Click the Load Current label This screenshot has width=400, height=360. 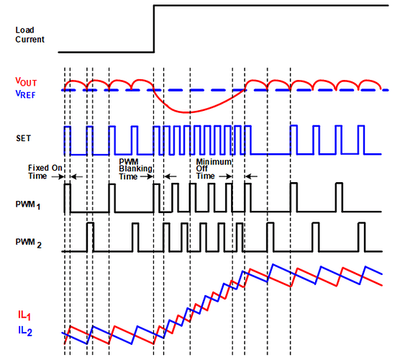[x=29, y=35]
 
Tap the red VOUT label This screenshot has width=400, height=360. [x=26, y=81]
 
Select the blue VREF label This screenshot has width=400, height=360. [x=25, y=94]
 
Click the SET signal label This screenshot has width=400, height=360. [x=23, y=138]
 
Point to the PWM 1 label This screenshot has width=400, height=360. [x=28, y=205]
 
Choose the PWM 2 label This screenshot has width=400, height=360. [x=28, y=243]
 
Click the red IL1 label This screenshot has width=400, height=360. [x=24, y=315]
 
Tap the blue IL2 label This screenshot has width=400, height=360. [x=25, y=331]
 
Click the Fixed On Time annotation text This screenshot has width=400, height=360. [x=45, y=172]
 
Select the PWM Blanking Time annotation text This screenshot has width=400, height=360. [x=135, y=169]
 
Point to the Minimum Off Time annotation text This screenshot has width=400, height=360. [x=214, y=168]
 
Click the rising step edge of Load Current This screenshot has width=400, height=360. [x=154, y=29]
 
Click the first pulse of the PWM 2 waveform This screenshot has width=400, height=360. [x=91, y=237]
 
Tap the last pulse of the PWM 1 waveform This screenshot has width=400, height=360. [x=340, y=197]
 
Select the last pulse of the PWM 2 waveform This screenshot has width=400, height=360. [x=362, y=237]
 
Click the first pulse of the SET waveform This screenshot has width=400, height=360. [x=68, y=140]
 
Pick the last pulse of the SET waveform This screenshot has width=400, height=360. [x=361, y=140]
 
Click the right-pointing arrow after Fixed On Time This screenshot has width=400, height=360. [x=58, y=176]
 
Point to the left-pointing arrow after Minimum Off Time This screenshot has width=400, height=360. [x=251, y=176]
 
